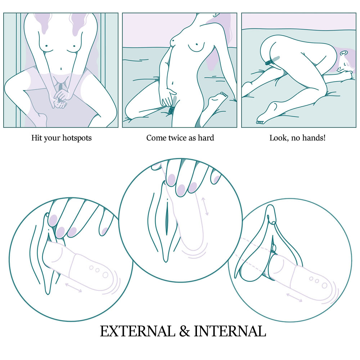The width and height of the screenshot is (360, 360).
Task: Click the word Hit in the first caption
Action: point(37,138)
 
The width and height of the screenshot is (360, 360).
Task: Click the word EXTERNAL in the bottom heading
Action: point(138,331)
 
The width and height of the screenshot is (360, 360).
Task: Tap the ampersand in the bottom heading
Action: point(185,331)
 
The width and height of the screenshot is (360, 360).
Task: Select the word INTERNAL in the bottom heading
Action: point(230,331)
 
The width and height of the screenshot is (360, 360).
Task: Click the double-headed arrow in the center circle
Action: point(205,206)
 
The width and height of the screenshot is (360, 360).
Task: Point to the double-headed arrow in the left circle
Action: point(73,288)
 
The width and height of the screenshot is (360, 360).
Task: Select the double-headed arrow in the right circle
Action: point(294,298)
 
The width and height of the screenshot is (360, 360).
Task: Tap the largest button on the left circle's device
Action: point(105,275)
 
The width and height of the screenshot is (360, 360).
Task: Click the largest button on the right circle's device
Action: point(324,285)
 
